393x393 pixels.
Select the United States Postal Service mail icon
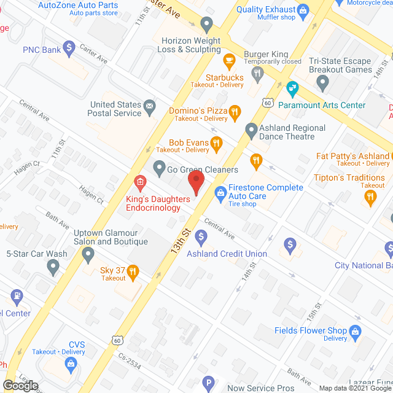click(149, 109)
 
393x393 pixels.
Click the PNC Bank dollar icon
click(69, 47)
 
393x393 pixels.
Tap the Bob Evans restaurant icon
click(216, 144)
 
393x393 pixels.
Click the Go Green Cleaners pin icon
click(159, 166)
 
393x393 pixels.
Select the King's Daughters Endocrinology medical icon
click(140, 182)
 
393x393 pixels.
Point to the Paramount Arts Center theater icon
click(292, 88)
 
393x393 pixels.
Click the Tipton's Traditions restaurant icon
click(370, 196)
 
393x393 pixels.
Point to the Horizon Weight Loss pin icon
click(206, 25)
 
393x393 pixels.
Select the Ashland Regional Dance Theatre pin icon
click(251, 130)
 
